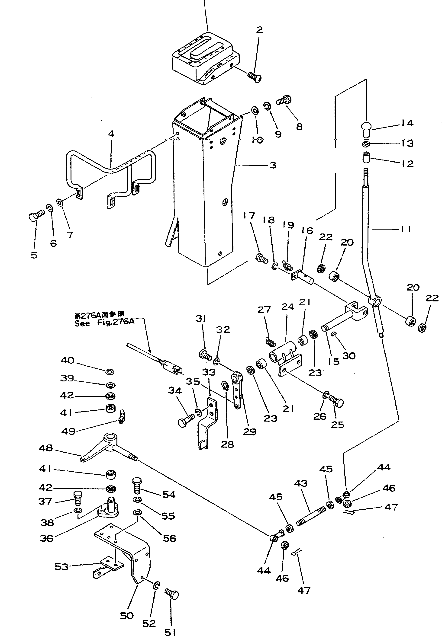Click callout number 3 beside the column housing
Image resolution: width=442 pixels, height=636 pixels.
273,165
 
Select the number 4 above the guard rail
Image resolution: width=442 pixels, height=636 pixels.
111,134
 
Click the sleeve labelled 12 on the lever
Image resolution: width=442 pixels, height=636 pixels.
366,158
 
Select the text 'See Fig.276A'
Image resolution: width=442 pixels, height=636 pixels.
104,323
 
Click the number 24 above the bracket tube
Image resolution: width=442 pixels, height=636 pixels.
288,307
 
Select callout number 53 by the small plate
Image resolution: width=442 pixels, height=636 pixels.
61,566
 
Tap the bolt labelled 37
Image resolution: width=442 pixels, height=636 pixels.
78,497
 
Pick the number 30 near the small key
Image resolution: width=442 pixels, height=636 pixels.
349,356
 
